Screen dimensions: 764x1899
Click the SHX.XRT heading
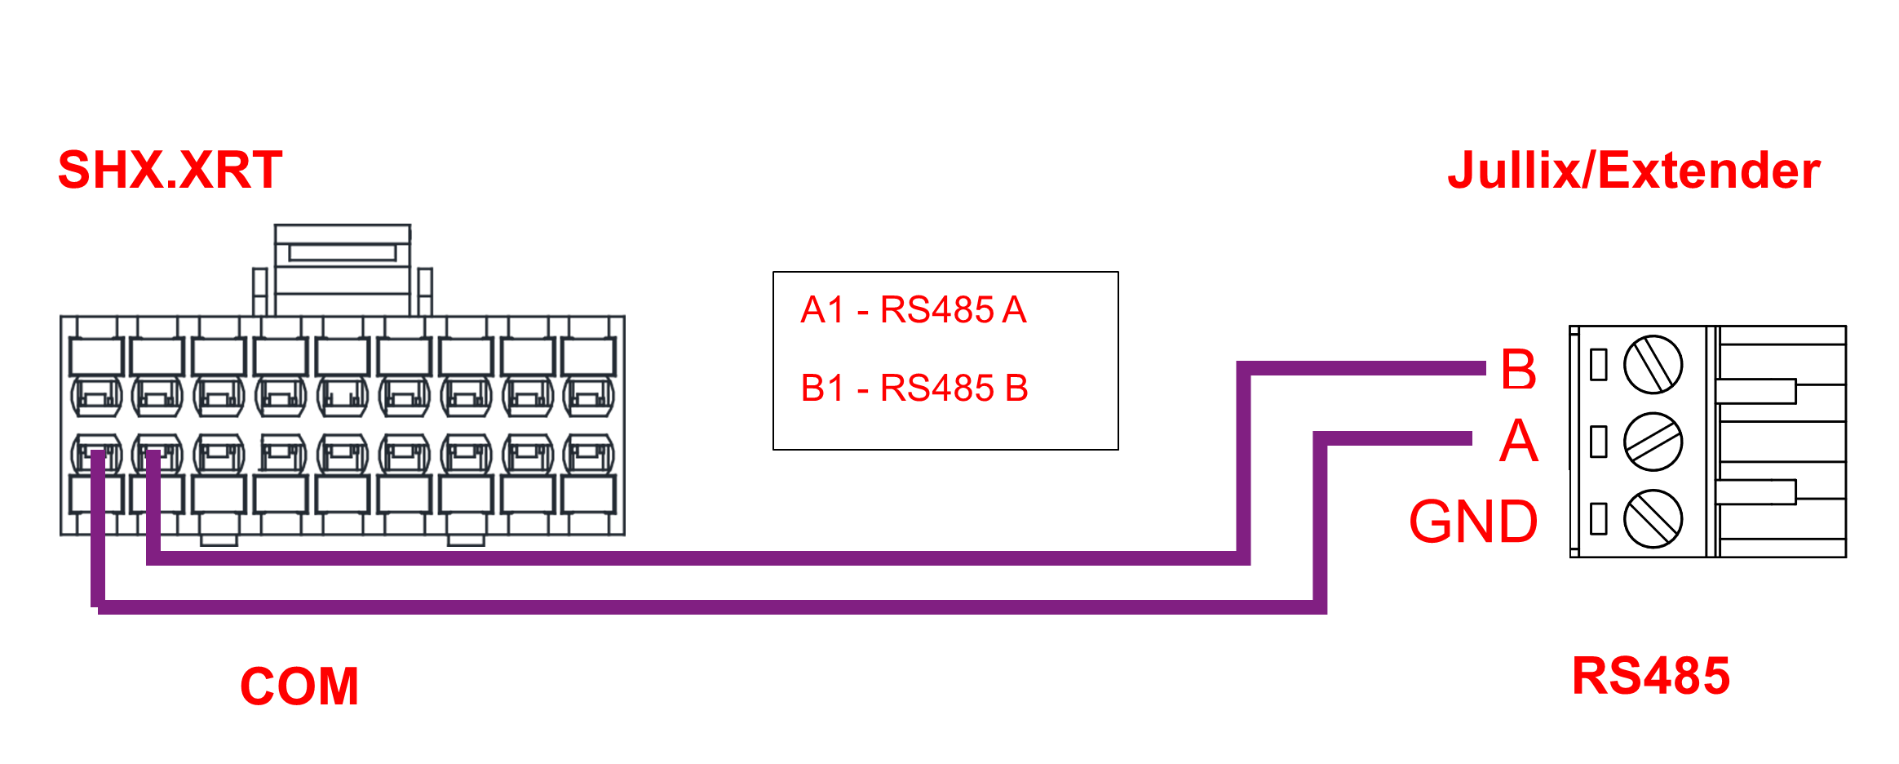point(170,171)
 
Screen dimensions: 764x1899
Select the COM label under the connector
point(299,686)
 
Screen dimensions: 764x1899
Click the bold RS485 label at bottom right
point(1650,676)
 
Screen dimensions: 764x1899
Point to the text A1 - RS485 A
point(913,310)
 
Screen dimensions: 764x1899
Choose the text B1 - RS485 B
point(914,388)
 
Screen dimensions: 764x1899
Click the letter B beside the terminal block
point(1518,370)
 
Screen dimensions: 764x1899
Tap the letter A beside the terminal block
point(1518,442)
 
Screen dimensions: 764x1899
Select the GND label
point(1473,522)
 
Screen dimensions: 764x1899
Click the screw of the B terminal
point(1653,365)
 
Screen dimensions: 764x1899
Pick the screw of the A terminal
point(1653,442)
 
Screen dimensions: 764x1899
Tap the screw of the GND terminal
point(1653,518)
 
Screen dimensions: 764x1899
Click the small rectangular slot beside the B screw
point(1599,365)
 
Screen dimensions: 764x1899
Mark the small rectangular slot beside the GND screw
point(1599,518)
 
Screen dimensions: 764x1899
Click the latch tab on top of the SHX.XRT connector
point(343,253)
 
